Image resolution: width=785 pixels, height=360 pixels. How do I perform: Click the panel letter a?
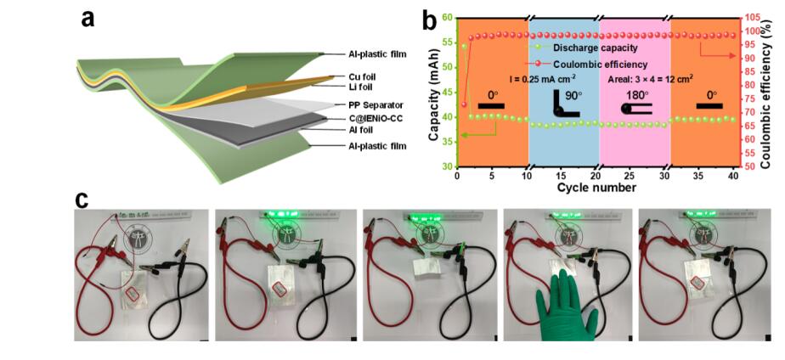coord(88,19)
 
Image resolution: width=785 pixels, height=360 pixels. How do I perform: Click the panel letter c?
coord(82,200)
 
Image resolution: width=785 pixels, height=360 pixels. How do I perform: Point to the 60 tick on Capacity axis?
coord(447,17)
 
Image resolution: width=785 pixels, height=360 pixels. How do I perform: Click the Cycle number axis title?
coord(596,187)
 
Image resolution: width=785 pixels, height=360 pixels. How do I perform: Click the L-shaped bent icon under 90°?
coord(564,106)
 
